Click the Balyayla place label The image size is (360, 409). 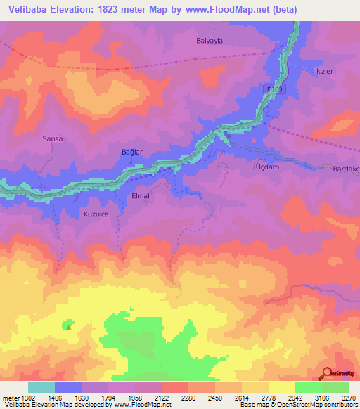pyautogui.click(x=209, y=41)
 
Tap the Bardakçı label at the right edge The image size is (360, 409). pyautogui.click(x=345, y=168)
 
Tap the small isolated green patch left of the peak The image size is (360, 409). pyautogui.click(x=68, y=325)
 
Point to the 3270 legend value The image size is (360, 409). pyautogui.click(x=349, y=398)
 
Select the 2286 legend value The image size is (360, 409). pyautogui.click(x=188, y=398)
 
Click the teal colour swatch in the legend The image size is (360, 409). pyautogui.click(x=41, y=387)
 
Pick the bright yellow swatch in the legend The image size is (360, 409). pyautogui.click(x=281, y=387)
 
